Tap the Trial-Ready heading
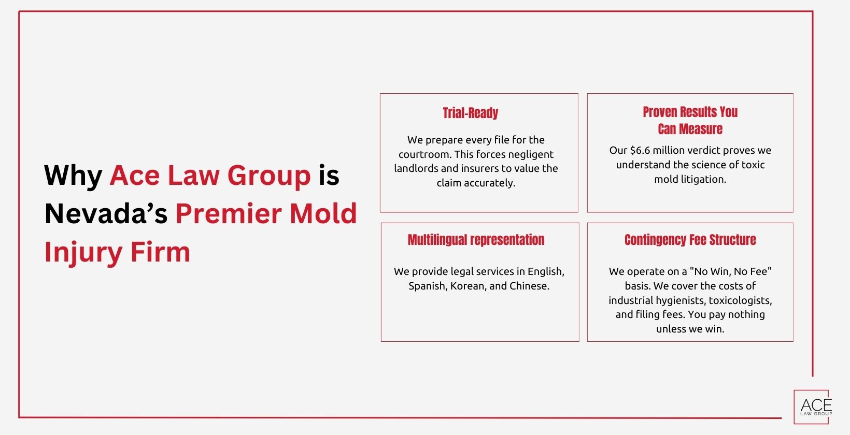coord(470,113)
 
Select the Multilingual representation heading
coord(476,240)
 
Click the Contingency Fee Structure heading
coord(690,240)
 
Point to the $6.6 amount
coord(640,151)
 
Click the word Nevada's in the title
coord(106,213)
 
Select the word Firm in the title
coord(160,252)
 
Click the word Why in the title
coord(73,176)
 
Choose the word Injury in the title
coord(83,252)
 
